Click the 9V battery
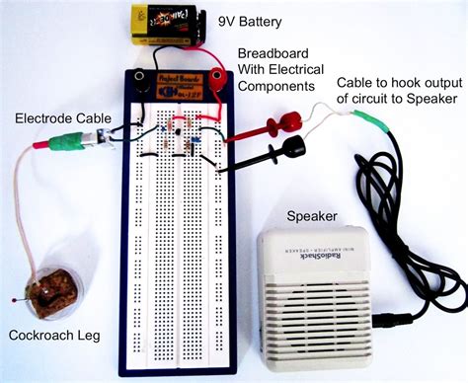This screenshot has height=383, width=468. coord(164,21)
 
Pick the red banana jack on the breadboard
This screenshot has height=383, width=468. coord(209,78)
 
